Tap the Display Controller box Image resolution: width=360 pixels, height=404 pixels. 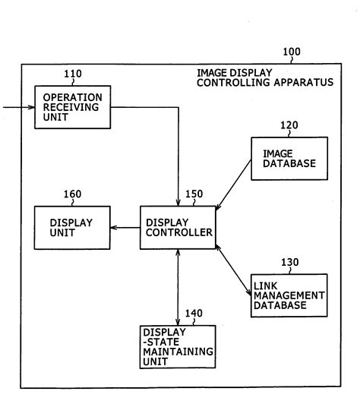point(177,227)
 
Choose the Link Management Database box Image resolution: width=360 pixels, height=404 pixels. point(289,295)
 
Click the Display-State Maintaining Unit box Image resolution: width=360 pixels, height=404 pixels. point(178,346)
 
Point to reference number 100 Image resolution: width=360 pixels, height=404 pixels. point(291,52)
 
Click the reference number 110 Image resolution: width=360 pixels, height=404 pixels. point(74,74)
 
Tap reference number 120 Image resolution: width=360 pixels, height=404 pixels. point(289,125)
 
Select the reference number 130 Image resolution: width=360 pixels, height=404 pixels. point(289,262)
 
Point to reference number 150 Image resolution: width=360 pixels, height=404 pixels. point(194,194)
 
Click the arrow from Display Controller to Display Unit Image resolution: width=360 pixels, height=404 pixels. point(124,227)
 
